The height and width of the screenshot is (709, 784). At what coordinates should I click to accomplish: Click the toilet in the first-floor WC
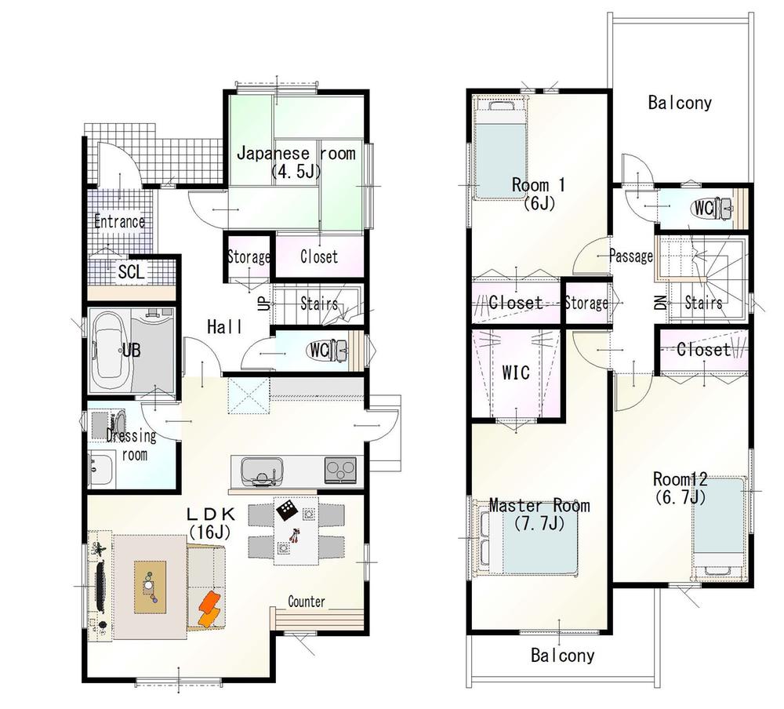coord(338,350)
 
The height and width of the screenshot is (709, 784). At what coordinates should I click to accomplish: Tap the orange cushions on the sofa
coord(209,609)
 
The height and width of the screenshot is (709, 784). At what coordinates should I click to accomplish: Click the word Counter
coord(307,602)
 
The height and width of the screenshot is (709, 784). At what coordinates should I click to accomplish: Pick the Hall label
coord(224,327)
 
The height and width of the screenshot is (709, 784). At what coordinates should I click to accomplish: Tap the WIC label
coord(514,373)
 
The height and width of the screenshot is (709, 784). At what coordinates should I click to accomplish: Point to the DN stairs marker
coord(659,302)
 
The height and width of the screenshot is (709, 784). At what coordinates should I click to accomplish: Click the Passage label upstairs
coord(631,256)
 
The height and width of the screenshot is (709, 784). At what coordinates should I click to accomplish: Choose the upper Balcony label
coord(680,103)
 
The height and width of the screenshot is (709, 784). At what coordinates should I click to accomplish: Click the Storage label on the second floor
coord(586,303)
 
